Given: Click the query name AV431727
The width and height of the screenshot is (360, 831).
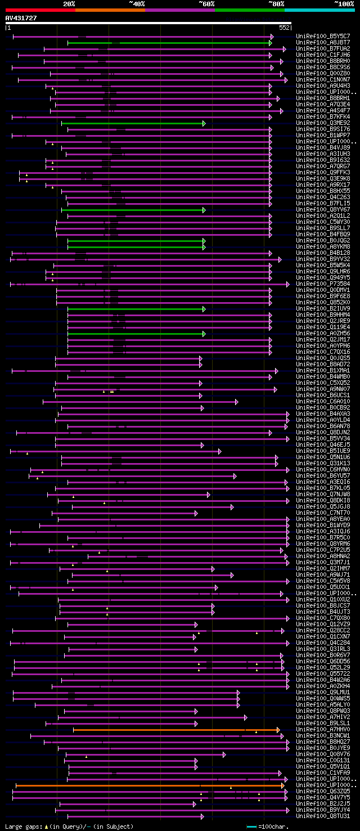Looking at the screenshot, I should pos(21,18).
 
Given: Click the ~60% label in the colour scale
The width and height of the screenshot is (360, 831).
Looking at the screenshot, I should pos(206,3).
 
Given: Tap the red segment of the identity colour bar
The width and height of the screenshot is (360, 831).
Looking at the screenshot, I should pos(40,10).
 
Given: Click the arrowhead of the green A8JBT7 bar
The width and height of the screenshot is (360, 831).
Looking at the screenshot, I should pos(271,43).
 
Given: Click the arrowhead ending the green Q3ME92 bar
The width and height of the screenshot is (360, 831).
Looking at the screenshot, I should pos(204,123).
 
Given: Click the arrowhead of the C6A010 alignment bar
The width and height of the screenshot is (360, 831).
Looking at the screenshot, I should pos(237,402).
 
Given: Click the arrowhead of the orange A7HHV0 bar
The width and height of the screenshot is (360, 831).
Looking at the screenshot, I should pos(278,730).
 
